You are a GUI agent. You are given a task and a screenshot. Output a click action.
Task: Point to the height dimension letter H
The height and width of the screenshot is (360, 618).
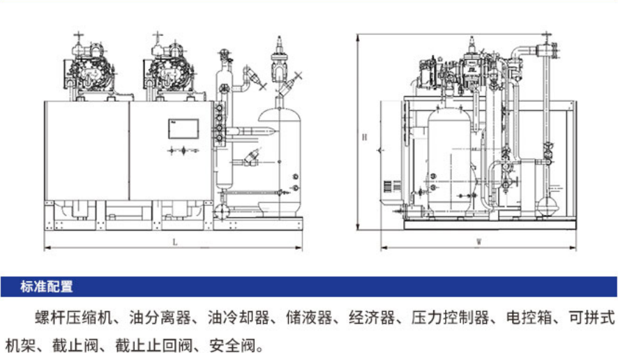point(363,137)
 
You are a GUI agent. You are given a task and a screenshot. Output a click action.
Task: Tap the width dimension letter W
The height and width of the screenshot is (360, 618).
point(479,243)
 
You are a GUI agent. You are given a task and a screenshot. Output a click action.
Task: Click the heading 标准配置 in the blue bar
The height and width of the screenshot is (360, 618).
point(47,286)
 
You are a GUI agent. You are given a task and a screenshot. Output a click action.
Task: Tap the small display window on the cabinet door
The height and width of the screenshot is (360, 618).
point(183,129)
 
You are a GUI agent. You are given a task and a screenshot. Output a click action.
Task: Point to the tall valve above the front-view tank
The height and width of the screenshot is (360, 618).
point(280,63)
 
